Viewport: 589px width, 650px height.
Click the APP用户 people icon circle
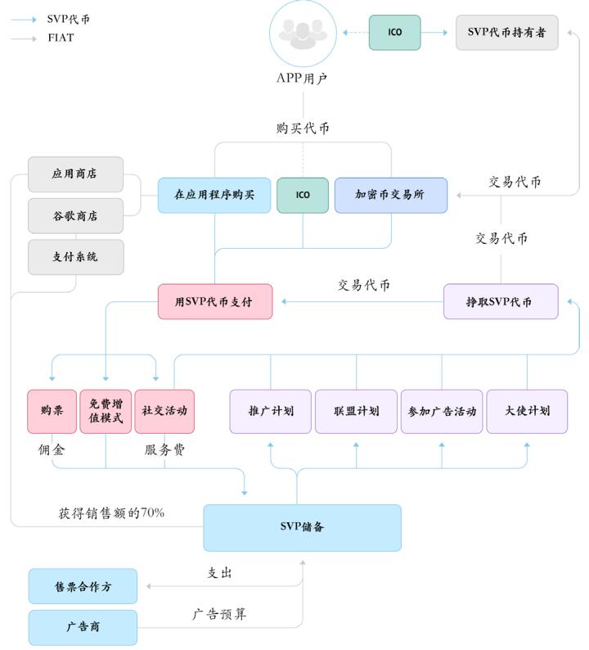coord(303,34)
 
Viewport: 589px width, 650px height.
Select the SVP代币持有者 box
coord(506,33)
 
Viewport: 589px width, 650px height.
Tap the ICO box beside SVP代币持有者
coord(394,33)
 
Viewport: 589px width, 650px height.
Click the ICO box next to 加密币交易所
coord(303,196)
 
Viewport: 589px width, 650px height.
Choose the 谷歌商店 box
coord(75,216)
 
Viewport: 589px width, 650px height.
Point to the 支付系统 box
coord(75,257)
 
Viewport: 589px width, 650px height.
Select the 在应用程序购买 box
coord(214,196)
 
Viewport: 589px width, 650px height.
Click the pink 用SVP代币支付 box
coord(214,302)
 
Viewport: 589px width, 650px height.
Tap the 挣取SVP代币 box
coord(500,302)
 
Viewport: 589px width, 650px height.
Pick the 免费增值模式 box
coord(106,411)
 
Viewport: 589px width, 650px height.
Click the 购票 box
coord(52,411)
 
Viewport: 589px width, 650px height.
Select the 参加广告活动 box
coord(442,411)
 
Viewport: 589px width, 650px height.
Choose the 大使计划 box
coord(528,411)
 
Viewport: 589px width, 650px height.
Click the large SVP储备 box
coord(302,527)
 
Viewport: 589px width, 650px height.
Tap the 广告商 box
coord(83,627)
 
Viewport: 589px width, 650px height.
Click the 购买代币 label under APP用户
coord(303,129)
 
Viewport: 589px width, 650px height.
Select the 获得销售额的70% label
coord(111,513)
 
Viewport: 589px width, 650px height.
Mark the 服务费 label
coord(165,449)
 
